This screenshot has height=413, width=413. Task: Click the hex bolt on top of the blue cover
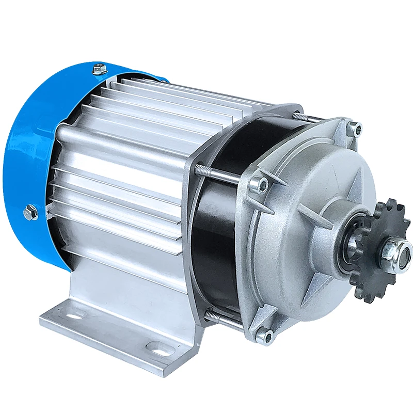click(x=98, y=69)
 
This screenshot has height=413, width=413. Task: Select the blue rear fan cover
click(x=31, y=155)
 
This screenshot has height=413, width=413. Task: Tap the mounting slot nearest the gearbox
click(x=155, y=346)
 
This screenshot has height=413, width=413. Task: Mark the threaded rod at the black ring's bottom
click(x=222, y=317)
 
